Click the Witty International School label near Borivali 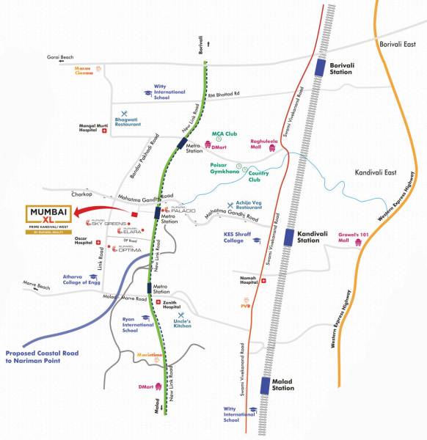pos(171,91)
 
